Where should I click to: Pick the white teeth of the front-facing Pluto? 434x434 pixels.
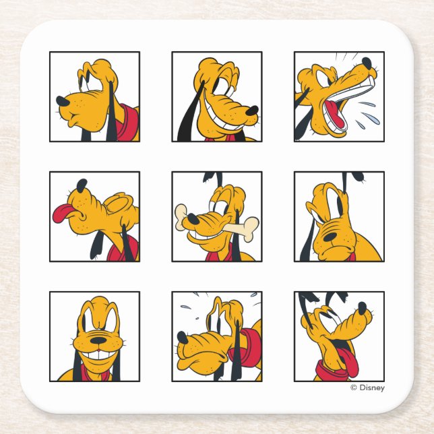click(x=94, y=351)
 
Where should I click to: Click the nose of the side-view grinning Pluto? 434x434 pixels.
click(x=251, y=111)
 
